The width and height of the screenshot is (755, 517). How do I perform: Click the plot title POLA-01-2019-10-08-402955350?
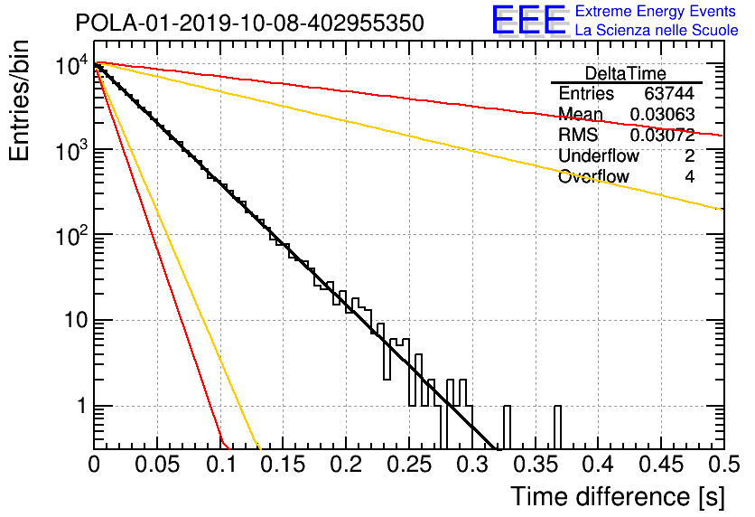click(250, 23)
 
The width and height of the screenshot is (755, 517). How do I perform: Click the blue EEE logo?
click(528, 20)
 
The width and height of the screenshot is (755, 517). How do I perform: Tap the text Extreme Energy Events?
click(656, 11)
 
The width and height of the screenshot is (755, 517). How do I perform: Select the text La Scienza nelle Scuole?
click(657, 30)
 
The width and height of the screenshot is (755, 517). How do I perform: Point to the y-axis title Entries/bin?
click(19, 100)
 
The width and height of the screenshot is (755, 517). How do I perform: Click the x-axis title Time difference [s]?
click(618, 497)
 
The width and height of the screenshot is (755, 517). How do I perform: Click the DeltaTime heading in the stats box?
click(626, 73)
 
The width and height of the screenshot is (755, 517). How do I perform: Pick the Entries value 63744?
click(669, 93)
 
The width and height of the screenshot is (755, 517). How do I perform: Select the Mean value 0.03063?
click(662, 114)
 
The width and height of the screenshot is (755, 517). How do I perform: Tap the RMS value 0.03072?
click(662, 135)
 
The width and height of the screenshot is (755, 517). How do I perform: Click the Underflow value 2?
click(689, 155)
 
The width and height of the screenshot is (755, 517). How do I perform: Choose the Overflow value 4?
click(689, 177)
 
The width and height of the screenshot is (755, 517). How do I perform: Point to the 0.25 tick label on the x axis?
click(409, 465)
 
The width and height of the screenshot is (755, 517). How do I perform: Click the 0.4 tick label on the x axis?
click(599, 465)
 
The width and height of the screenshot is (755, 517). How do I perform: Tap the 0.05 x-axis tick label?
click(157, 465)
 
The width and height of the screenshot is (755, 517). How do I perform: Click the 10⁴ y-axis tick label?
click(71, 64)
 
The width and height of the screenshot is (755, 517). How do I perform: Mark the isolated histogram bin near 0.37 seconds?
click(557, 428)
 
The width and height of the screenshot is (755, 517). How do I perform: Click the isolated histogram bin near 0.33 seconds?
click(507, 428)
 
